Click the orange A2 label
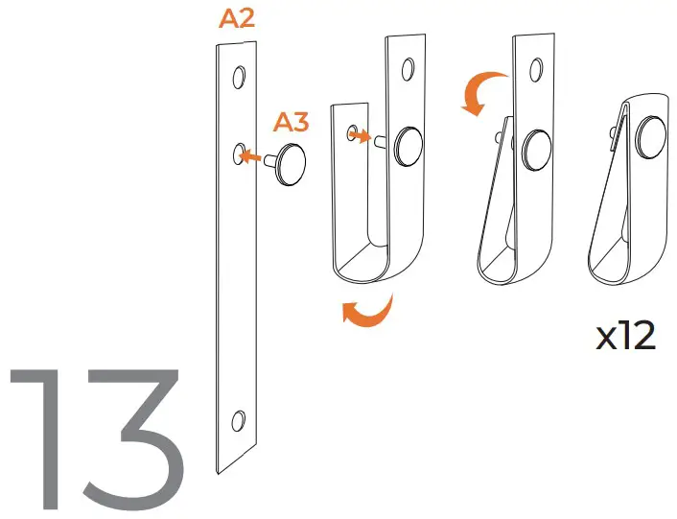(237, 20)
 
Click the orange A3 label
(291, 122)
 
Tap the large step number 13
(96, 437)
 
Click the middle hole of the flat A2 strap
(239, 152)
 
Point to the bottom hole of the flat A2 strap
(239, 419)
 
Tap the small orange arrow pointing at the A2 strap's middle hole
(251, 154)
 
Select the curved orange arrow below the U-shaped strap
(368, 313)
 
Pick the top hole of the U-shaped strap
(409, 68)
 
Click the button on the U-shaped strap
(411, 143)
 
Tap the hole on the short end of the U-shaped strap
(352, 130)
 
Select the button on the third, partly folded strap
(535, 148)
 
